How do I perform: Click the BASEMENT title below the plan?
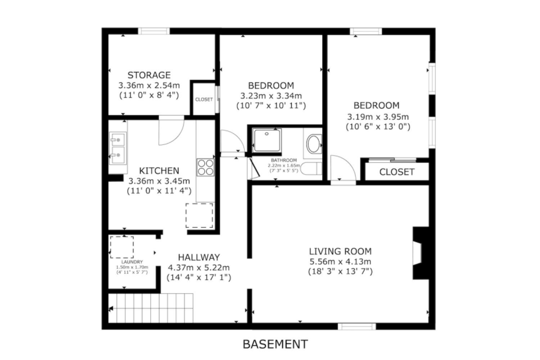click(x=275, y=344)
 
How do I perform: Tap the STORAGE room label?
click(x=149, y=75)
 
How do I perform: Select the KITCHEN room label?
click(x=159, y=171)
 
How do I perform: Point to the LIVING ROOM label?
click(x=340, y=251)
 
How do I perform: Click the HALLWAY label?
click(x=199, y=257)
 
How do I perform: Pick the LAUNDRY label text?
click(x=132, y=262)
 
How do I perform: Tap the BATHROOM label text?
click(x=284, y=160)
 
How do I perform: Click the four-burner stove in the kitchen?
click(x=206, y=167)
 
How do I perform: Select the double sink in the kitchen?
click(x=118, y=148)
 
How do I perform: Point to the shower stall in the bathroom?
click(x=267, y=140)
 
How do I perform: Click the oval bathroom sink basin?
click(x=314, y=144)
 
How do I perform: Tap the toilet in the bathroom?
click(x=311, y=168)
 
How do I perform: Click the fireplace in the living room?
click(x=421, y=253)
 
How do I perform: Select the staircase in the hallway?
click(x=151, y=308)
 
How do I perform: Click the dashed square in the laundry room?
click(x=122, y=247)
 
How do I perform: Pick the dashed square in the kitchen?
click(x=199, y=216)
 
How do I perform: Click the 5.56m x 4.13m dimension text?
click(x=340, y=261)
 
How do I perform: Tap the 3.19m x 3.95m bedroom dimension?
click(x=378, y=117)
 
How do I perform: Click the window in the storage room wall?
click(x=154, y=31)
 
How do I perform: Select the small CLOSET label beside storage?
click(x=204, y=99)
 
